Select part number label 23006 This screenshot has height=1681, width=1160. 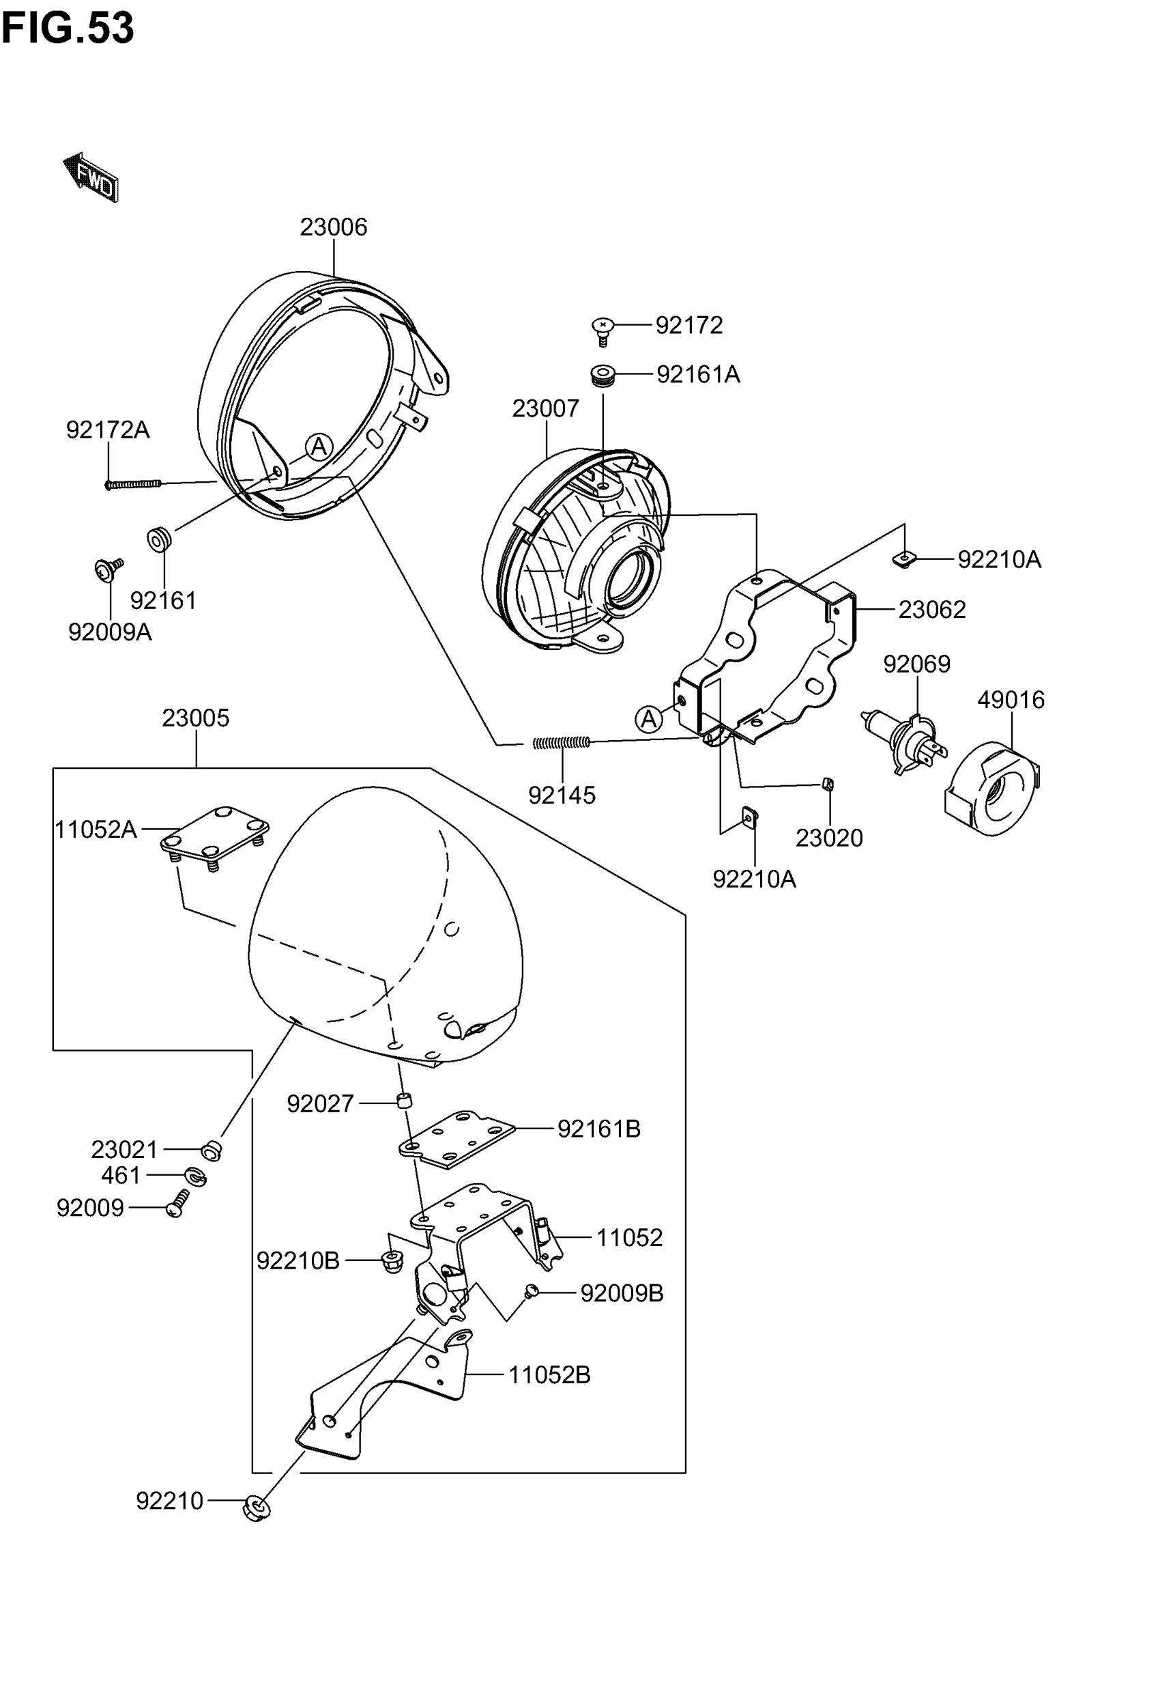click(x=334, y=227)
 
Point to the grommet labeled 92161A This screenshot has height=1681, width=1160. click(x=603, y=376)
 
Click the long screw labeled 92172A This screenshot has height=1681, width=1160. click(x=134, y=484)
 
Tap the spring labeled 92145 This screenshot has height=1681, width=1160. click(x=561, y=742)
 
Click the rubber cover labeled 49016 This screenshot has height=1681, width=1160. click(x=992, y=789)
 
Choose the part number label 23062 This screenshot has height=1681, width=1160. click(x=932, y=609)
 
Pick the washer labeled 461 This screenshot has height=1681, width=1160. click(x=194, y=1176)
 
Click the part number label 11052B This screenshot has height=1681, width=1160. click(x=549, y=1376)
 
